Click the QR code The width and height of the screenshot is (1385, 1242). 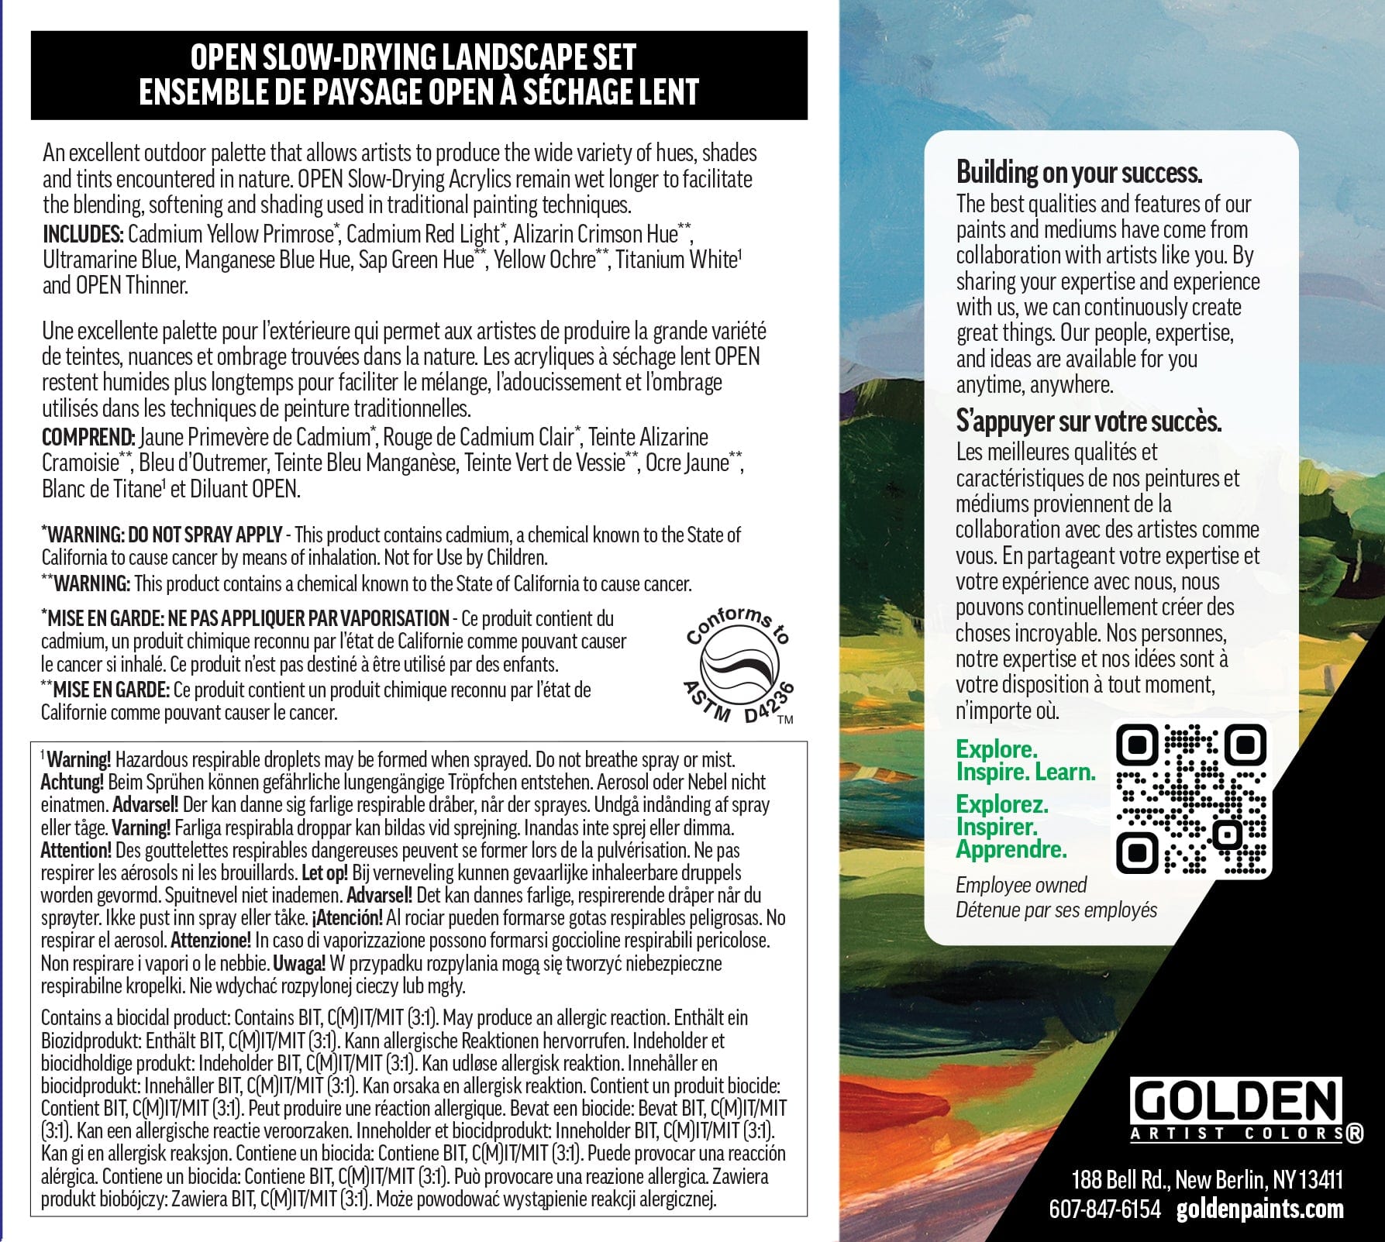click(1190, 799)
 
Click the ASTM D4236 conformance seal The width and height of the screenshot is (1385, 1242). click(740, 665)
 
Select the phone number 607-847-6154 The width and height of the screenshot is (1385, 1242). click(1104, 1209)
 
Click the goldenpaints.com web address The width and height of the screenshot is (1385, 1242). click(1259, 1209)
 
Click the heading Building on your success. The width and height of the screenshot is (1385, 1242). click(1079, 172)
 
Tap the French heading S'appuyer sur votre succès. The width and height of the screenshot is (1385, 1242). click(1088, 421)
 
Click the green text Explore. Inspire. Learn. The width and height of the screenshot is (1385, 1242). click(1025, 760)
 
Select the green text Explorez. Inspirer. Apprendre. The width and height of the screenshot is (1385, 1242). click(1011, 826)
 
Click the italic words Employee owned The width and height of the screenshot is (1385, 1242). click(1021, 885)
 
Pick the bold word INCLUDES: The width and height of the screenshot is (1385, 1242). click(83, 234)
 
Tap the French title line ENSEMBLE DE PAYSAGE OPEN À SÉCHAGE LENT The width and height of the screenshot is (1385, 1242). click(419, 91)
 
